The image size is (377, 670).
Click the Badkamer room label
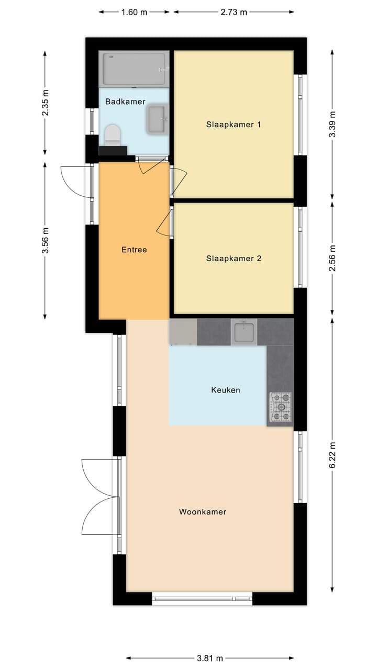click(x=125, y=102)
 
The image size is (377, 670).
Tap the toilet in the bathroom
click(x=112, y=135)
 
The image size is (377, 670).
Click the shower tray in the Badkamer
click(x=136, y=69)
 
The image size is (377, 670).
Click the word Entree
click(x=134, y=250)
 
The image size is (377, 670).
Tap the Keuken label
click(x=226, y=390)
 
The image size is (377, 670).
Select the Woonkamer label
click(x=203, y=511)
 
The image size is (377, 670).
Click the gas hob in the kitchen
click(x=281, y=407)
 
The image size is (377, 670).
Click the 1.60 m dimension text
click(x=135, y=12)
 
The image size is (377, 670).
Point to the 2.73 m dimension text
click(x=234, y=12)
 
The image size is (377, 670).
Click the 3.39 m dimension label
click(x=332, y=124)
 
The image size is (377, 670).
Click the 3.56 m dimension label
click(x=46, y=240)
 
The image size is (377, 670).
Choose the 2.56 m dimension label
click(x=332, y=258)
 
